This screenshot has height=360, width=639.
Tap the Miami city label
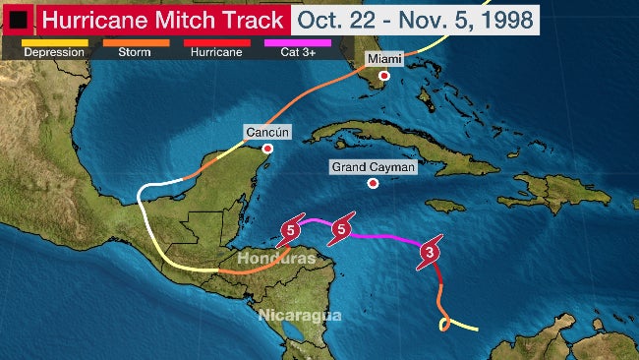[x=384, y=59]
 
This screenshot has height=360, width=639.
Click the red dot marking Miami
[x=384, y=76]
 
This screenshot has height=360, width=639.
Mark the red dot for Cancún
[x=267, y=148]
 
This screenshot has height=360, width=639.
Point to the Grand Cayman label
[x=374, y=167]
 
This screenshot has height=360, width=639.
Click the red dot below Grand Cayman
[x=374, y=183]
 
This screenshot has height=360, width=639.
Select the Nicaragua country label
[x=299, y=315]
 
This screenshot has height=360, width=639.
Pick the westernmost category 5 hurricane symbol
[x=290, y=232]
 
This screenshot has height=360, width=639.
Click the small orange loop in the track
[x=445, y=323]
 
